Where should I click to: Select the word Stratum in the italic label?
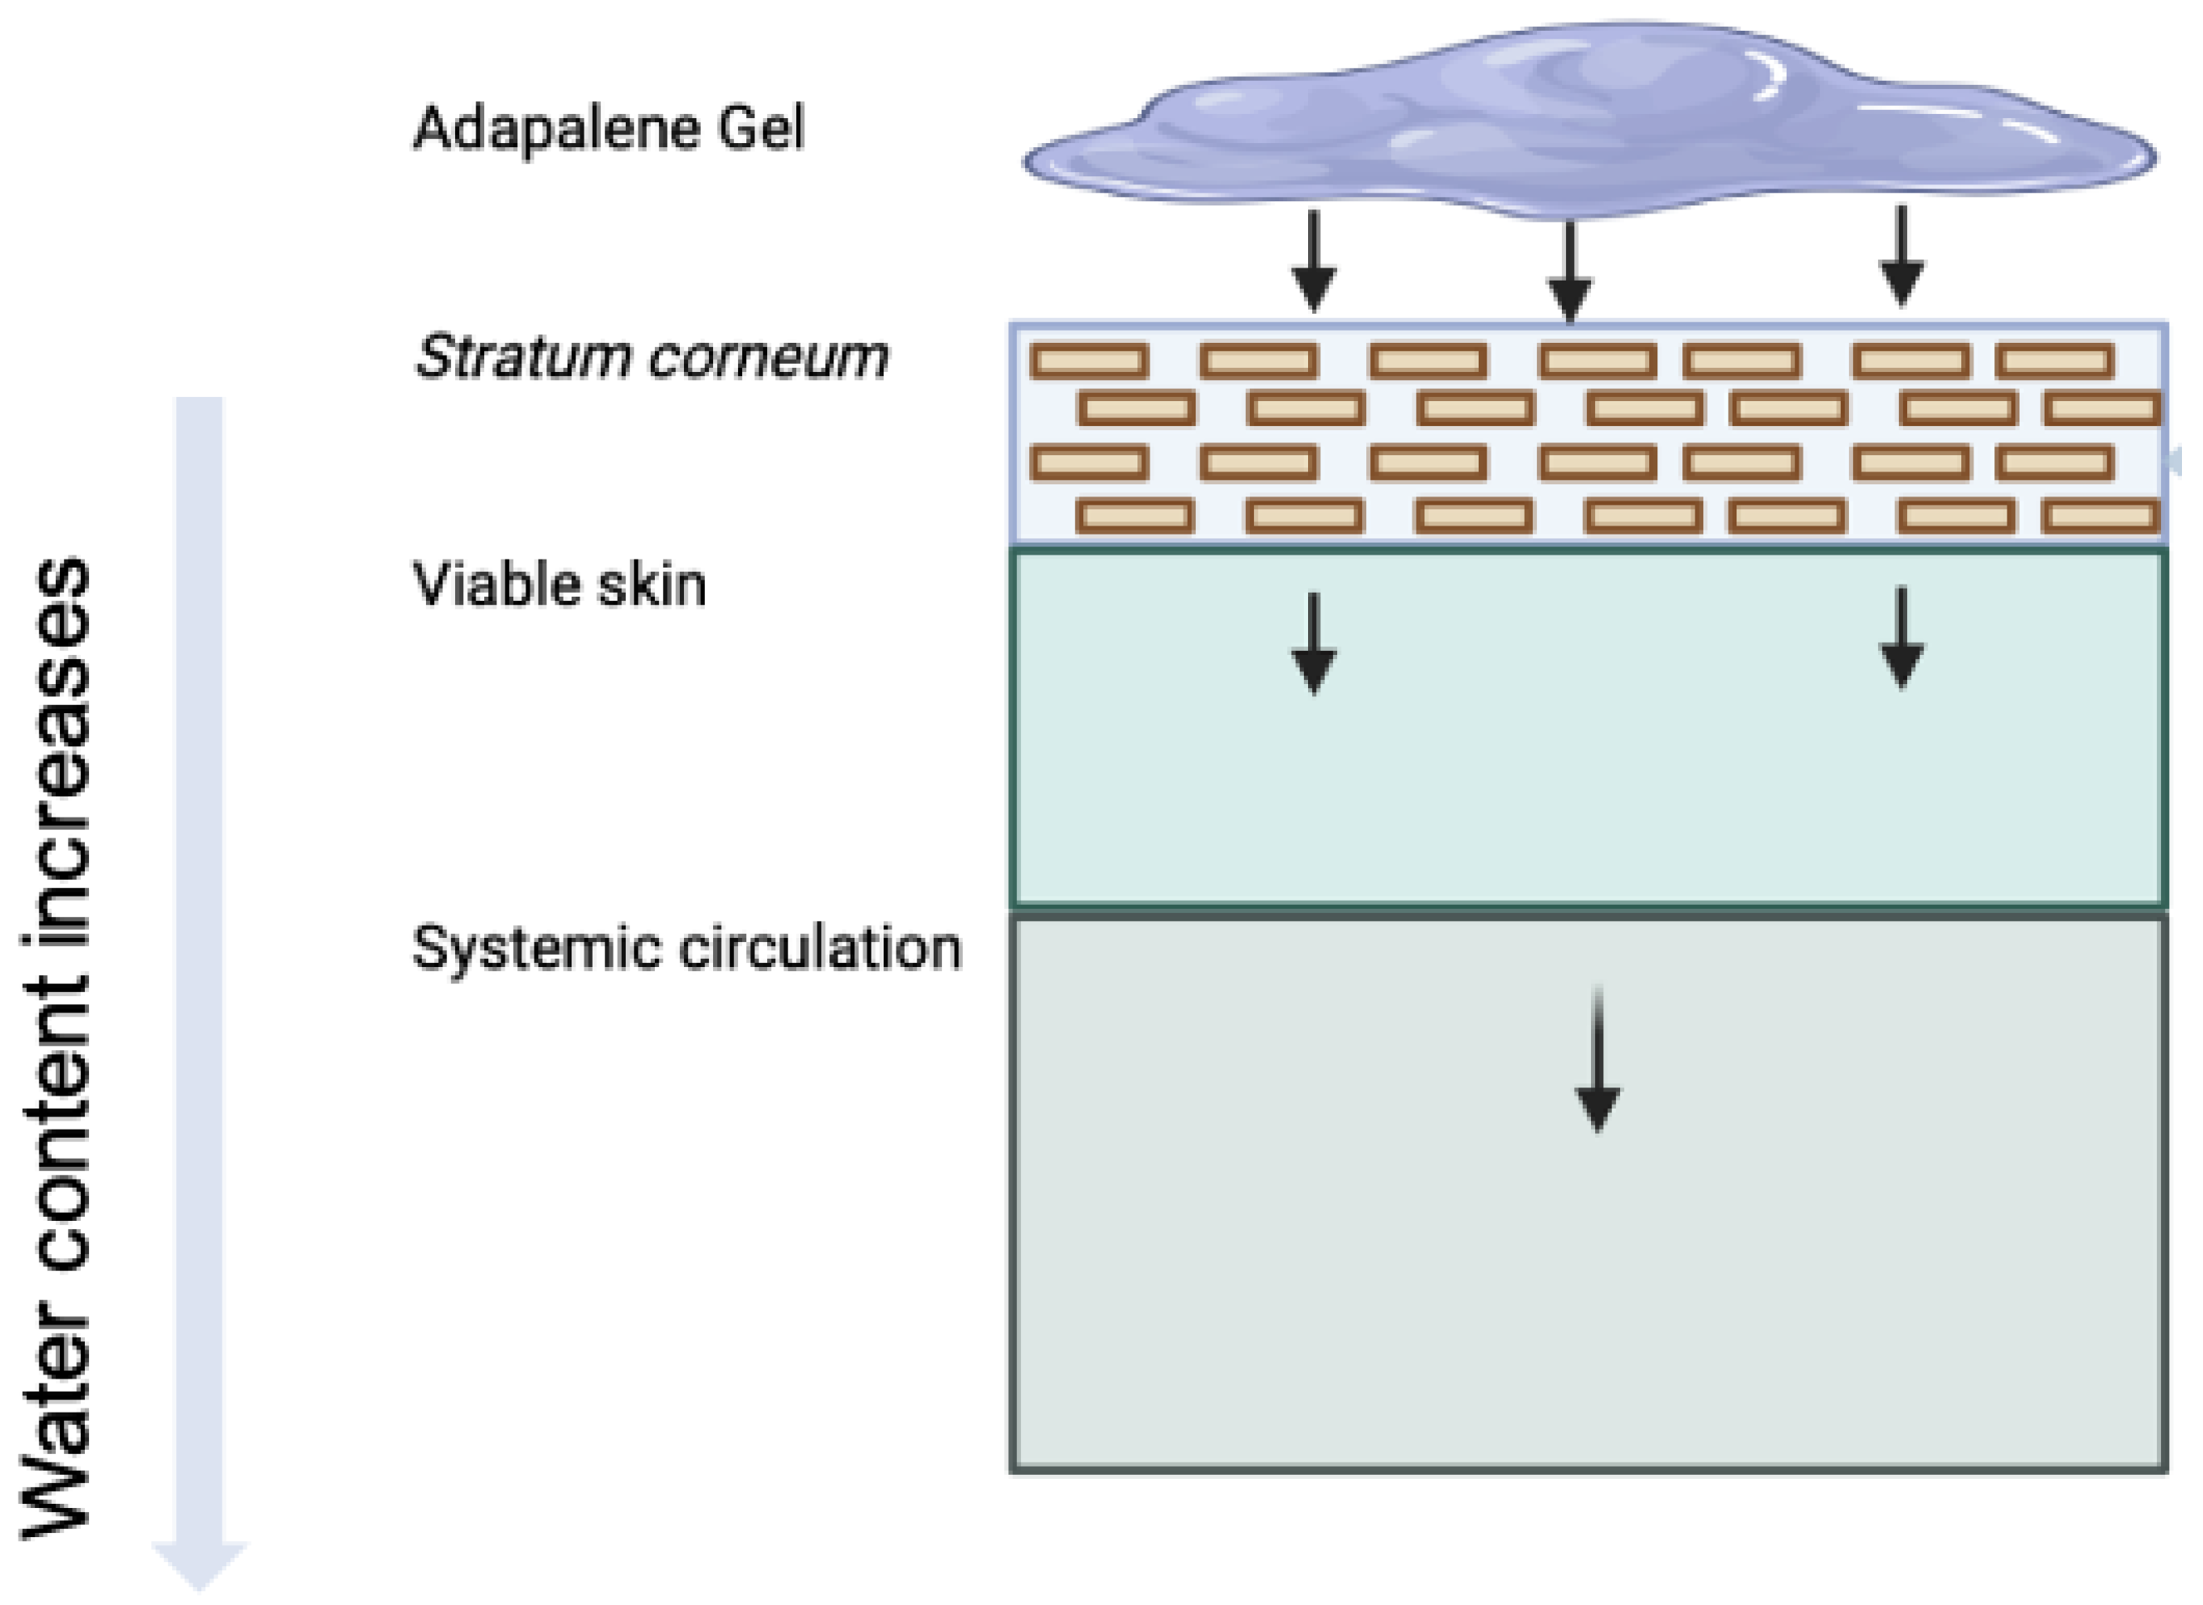(x=522, y=357)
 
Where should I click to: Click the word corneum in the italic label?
(x=767, y=358)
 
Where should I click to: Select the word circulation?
(x=821, y=948)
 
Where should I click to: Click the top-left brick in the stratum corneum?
(x=1089, y=361)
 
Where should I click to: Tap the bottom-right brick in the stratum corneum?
(x=2100, y=516)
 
